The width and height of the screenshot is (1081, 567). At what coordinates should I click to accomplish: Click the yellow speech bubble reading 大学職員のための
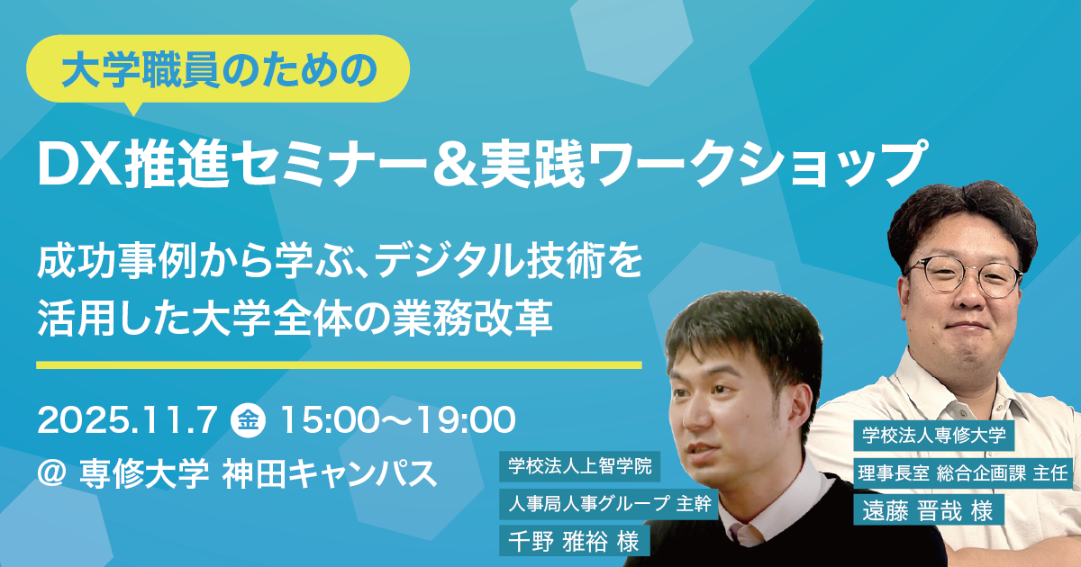tap(218, 69)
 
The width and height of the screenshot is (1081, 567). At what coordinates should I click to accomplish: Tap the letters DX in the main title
tap(79, 163)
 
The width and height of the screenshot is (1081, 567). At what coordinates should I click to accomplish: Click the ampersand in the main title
tap(455, 164)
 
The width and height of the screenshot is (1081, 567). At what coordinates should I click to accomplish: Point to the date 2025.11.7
tap(127, 420)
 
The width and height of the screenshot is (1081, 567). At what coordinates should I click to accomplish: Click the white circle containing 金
tap(249, 420)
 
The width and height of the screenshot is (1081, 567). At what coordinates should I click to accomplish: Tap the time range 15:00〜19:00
tap(397, 420)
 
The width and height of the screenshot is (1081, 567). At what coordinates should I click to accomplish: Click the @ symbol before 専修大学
tap(51, 472)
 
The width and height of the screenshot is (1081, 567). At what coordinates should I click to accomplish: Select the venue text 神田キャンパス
tap(330, 473)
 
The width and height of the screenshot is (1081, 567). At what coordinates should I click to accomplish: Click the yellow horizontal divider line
tap(339, 365)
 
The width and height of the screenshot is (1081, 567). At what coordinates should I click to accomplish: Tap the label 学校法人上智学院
tap(579, 466)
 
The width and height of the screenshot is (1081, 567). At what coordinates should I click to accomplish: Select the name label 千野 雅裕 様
tap(575, 541)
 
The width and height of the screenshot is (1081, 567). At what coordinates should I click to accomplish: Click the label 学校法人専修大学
tap(934, 436)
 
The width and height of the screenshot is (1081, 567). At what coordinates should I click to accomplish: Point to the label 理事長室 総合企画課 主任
tap(963, 473)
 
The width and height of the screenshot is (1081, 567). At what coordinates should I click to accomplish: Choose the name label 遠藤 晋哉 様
tap(929, 509)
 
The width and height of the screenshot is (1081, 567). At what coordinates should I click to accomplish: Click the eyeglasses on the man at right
tap(964, 276)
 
